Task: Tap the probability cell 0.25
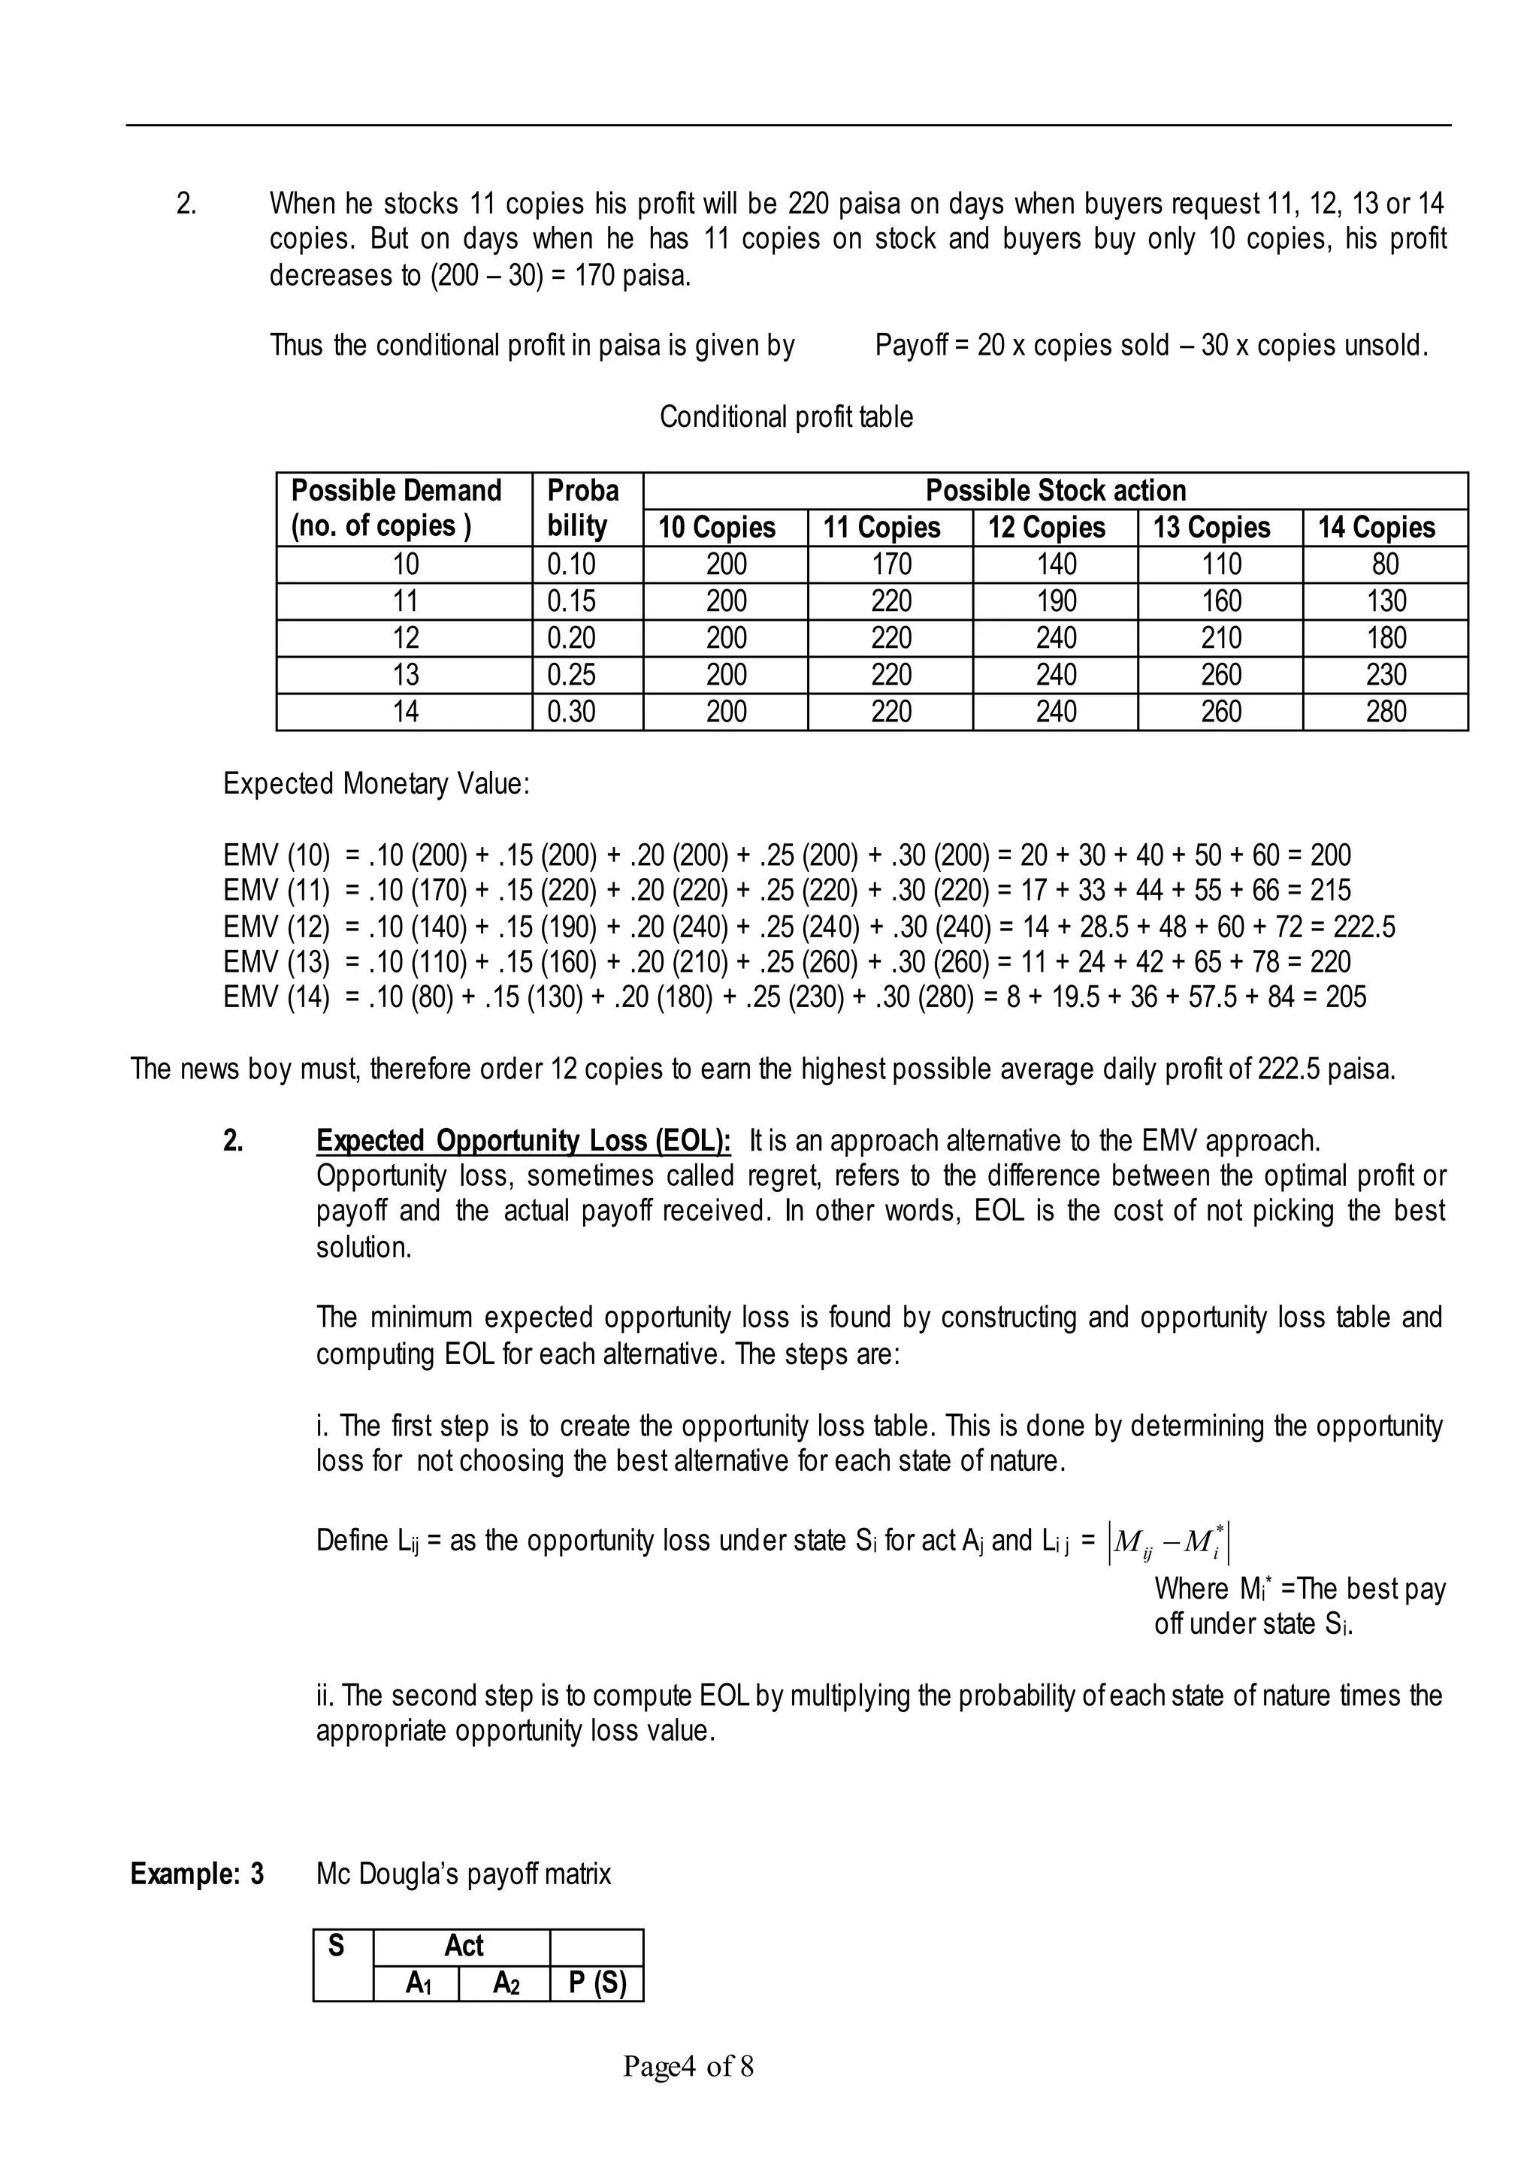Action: (570, 675)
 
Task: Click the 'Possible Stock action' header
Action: (1055, 491)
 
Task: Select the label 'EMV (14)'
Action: (276, 997)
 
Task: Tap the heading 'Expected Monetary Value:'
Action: (376, 784)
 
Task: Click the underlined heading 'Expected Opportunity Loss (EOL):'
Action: (523, 1140)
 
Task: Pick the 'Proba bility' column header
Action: (585, 508)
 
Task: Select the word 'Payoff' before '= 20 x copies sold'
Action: (911, 345)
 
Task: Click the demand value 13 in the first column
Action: (406, 675)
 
